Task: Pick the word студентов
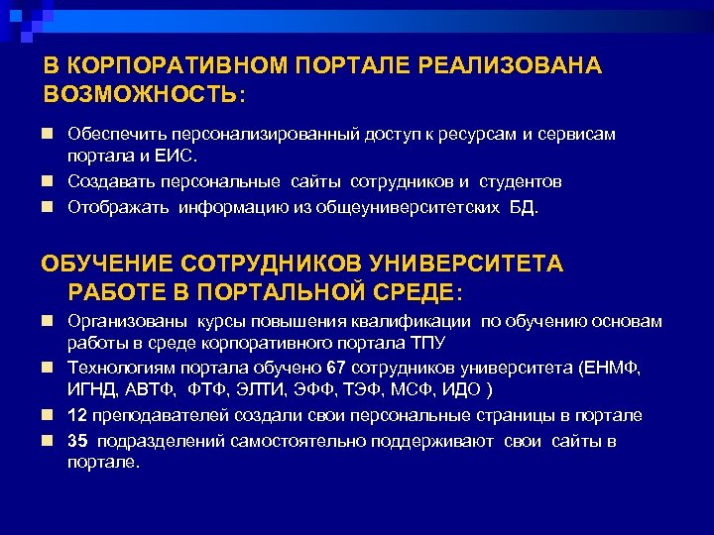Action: (522, 181)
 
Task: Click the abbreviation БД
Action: (528, 207)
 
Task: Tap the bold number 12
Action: (77, 415)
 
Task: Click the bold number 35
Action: (77, 441)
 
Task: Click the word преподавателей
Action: (147, 415)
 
